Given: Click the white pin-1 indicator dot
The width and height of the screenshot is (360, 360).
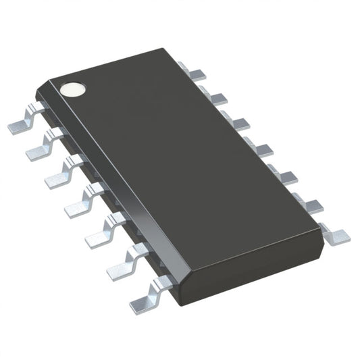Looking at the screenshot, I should tap(70, 88).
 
